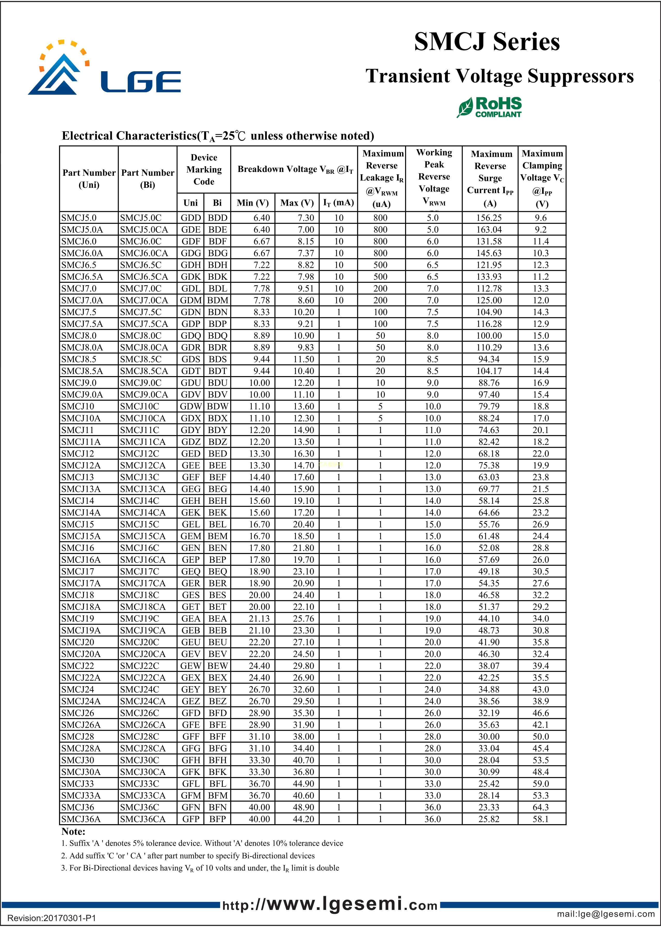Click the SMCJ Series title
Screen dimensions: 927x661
[x=487, y=42]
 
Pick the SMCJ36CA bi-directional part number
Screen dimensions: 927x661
[x=143, y=819]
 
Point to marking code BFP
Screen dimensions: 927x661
[x=217, y=819]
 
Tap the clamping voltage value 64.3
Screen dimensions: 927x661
[x=541, y=807]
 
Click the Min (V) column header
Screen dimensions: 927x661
[x=253, y=203]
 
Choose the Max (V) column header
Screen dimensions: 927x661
[x=297, y=203]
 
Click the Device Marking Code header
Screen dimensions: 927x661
[x=204, y=169]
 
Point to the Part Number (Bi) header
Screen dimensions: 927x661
[x=148, y=179]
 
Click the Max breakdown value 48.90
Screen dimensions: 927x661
[x=303, y=807]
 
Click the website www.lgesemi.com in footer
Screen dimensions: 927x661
[x=330, y=905]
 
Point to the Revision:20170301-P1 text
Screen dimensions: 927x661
[x=52, y=918]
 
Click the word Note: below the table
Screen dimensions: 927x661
[x=73, y=831]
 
